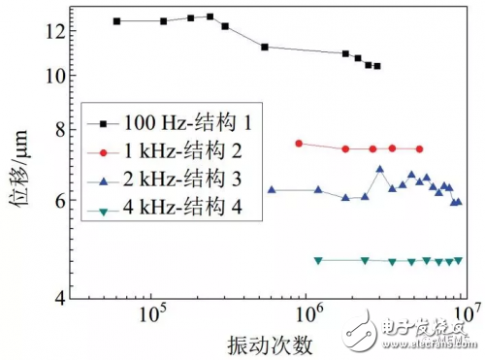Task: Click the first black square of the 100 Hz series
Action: tap(116, 20)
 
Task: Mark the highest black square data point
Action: tap(210, 16)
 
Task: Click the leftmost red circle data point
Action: tap(299, 144)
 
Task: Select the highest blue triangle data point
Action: tap(379, 169)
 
